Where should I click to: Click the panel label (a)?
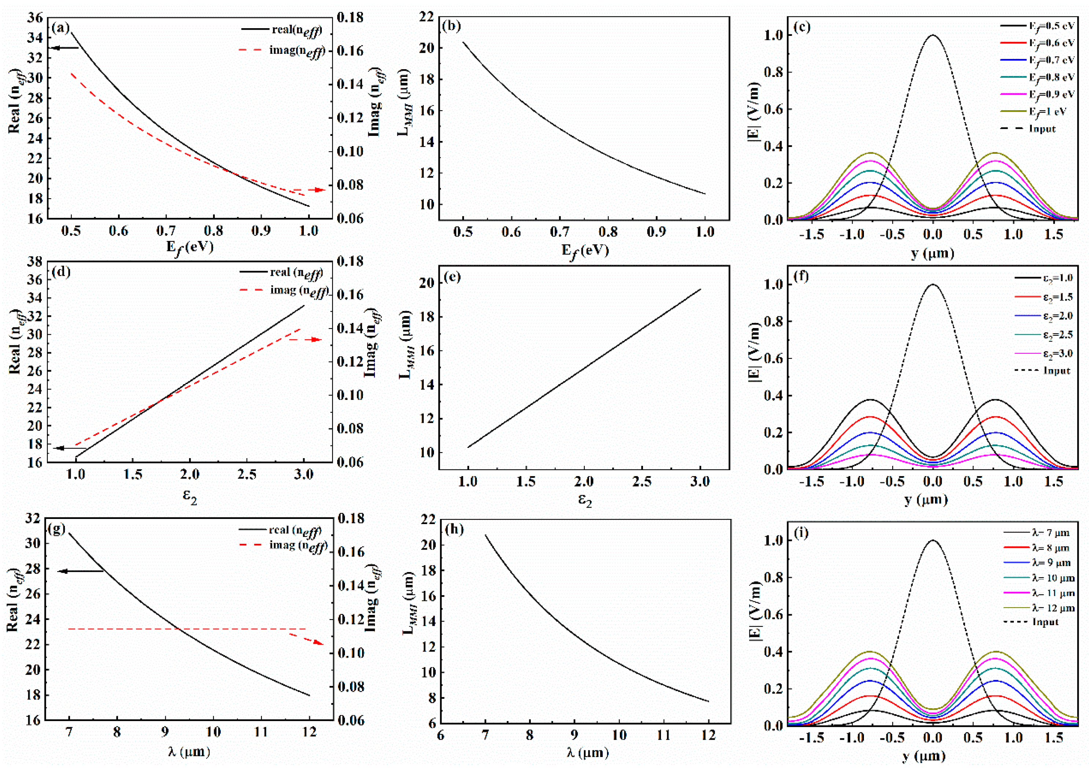pyautogui.click(x=60, y=27)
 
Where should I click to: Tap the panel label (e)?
pyautogui.click(x=452, y=276)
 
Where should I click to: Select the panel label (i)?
pyautogui.click(x=801, y=532)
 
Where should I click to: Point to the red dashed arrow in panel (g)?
pyautogui.click(x=306, y=638)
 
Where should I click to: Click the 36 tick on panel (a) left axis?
pyautogui.click(x=37, y=18)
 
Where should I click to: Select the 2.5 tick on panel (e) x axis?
pyautogui.click(x=642, y=482)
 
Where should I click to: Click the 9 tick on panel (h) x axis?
pyautogui.click(x=574, y=735)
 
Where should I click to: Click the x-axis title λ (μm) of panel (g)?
pyautogui.click(x=189, y=751)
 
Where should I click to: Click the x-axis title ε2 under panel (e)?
pyautogui.click(x=585, y=501)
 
